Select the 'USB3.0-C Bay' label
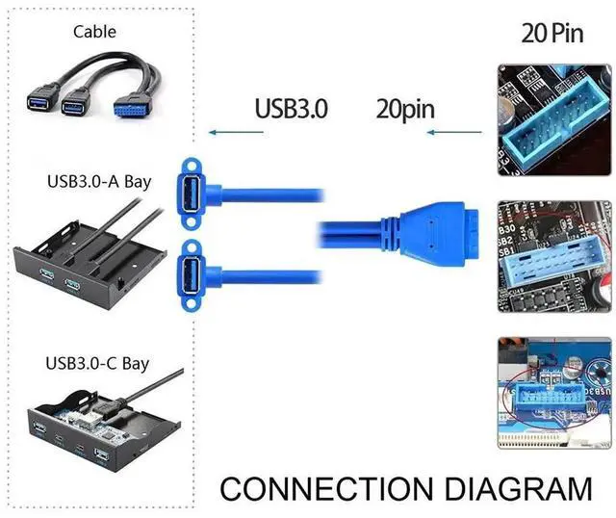[98, 363]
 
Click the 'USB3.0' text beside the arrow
[292, 108]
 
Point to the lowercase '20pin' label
[405, 108]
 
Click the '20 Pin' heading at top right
[553, 33]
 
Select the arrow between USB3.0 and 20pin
[349, 132]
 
